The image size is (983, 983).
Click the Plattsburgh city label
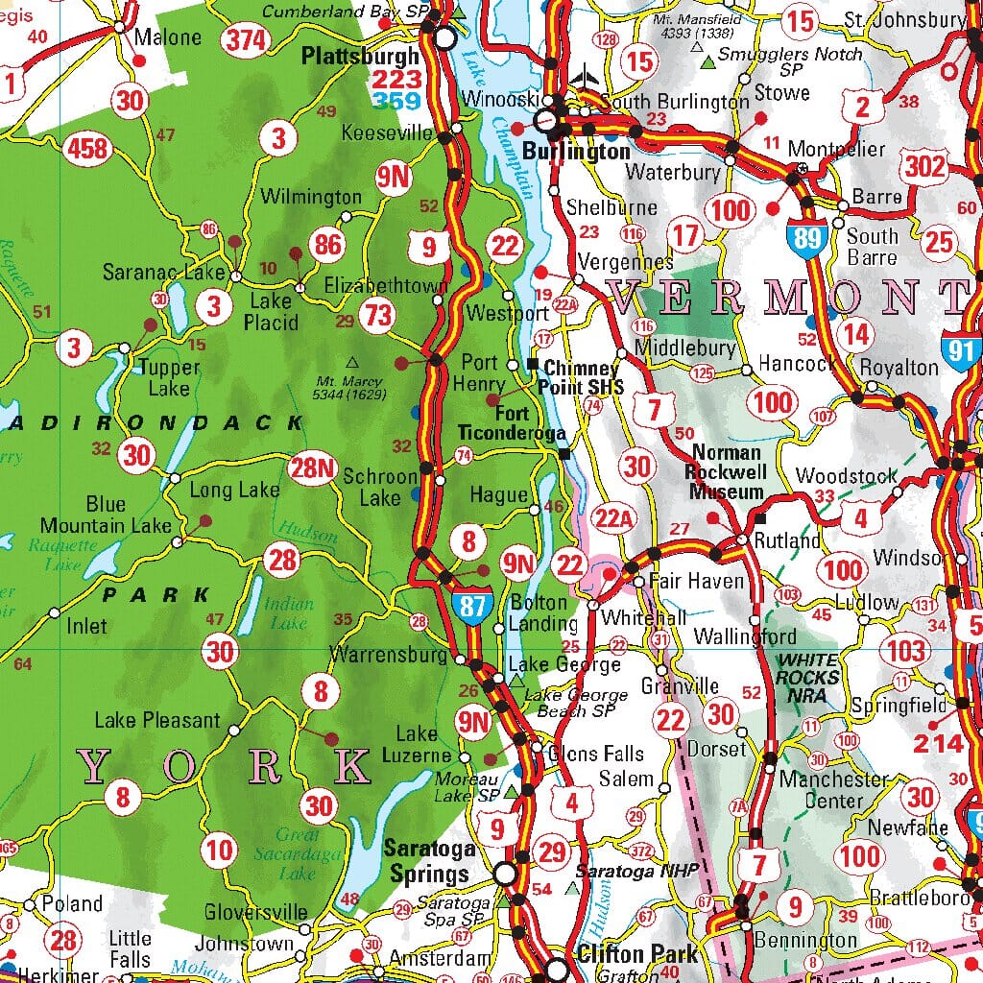(x=360, y=57)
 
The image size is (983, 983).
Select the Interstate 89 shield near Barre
(x=807, y=235)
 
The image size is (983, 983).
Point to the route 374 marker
(x=246, y=40)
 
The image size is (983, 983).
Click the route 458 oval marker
(x=87, y=149)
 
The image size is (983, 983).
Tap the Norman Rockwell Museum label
(x=726, y=472)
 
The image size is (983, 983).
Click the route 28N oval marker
(x=314, y=468)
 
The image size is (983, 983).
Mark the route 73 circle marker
(x=378, y=314)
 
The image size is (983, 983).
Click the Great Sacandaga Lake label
(x=297, y=853)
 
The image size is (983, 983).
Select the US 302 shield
(x=924, y=166)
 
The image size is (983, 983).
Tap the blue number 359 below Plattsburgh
(x=396, y=101)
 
